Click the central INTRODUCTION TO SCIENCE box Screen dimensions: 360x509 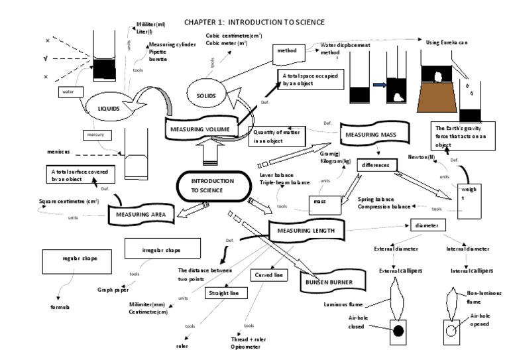coord(213,186)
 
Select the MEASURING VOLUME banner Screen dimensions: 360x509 coord(200,127)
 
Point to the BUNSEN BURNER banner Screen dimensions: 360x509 coord(331,282)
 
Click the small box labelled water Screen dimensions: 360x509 coord(68,92)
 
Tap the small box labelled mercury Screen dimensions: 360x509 coord(92,135)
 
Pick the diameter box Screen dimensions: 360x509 coord(426,225)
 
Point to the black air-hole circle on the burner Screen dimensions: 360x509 coord(400,330)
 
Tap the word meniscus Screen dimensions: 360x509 coord(58,152)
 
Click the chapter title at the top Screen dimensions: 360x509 coord(254,22)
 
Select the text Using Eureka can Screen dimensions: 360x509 coord(445,42)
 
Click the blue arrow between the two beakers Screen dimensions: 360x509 coord(380,85)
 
